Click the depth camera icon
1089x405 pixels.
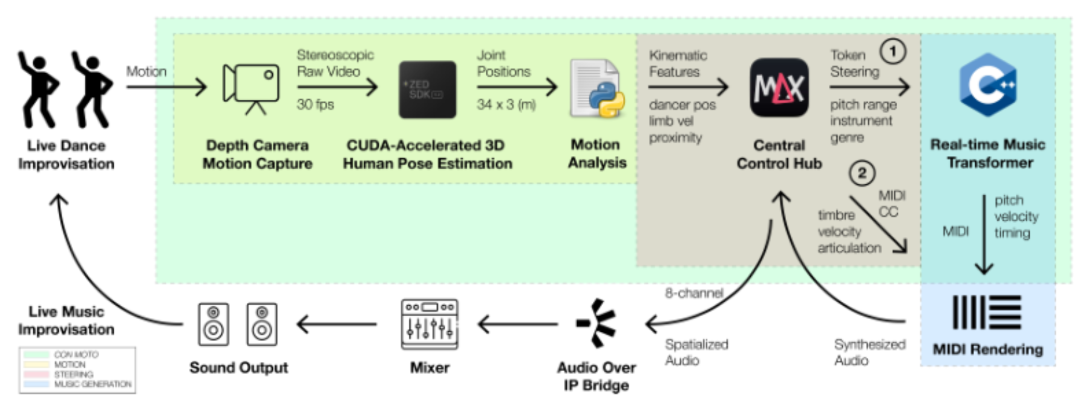tap(251, 88)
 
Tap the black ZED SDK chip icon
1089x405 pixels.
tap(427, 89)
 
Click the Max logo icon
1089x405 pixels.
tap(779, 88)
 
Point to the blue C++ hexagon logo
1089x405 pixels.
tap(988, 85)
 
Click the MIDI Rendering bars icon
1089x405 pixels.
tap(987, 312)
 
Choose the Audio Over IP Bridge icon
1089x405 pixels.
tap(597, 323)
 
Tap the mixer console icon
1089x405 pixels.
tap(430, 324)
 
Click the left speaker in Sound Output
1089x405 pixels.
tap(214, 324)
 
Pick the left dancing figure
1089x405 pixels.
tap(38, 89)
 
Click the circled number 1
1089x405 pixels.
tap(892, 51)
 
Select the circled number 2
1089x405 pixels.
tap(862, 173)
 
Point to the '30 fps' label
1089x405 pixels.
tap(315, 105)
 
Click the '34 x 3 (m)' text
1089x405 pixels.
tap(506, 105)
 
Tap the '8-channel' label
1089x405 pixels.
tap(694, 293)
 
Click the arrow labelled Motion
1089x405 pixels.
tap(166, 87)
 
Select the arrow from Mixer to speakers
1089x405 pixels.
tap(336, 324)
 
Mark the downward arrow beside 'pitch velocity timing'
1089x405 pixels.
tap(984, 235)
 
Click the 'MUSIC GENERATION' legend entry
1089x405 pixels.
tap(93, 384)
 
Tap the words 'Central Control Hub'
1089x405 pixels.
tap(779, 154)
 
